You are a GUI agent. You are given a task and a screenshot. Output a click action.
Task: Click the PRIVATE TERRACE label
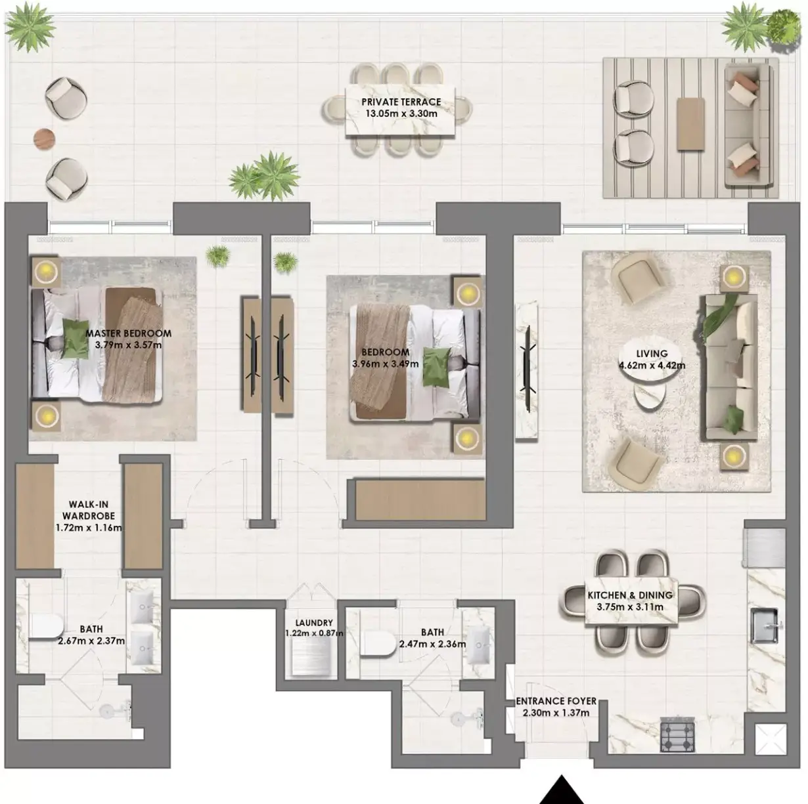click(x=401, y=102)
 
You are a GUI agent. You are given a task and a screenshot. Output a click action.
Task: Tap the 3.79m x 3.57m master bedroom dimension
click(x=128, y=345)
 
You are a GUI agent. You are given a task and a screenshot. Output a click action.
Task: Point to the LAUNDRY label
click(x=313, y=623)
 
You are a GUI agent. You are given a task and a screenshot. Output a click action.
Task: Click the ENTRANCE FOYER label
click(x=556, y=702)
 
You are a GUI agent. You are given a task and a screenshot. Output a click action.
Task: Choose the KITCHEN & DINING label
click(x=630, y=595)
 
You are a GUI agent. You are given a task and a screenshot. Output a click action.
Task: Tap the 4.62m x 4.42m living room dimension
click(x=652, y=366)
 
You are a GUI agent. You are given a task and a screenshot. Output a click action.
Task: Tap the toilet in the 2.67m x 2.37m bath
click(x=46, y=626)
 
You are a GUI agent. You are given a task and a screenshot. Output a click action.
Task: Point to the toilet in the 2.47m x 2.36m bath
click(x=378, y=643)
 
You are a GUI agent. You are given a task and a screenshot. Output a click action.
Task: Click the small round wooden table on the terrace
click(x=45, y=138)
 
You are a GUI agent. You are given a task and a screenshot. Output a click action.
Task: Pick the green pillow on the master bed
click(x=76, y=344)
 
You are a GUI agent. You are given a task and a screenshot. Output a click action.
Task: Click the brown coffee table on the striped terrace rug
click(x=690, y=123)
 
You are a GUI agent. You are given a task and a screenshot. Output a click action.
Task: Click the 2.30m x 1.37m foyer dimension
click(x=556, y=713)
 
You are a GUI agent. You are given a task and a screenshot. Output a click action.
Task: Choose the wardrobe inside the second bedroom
click(x=420, y=500)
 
